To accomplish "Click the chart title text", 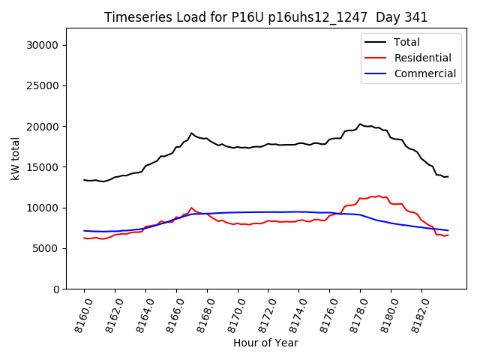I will pos(266,17).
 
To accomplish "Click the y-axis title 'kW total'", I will pos(16,158).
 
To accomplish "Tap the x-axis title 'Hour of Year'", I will pos(265,343).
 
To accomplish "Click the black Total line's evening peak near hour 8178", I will pos(360,124).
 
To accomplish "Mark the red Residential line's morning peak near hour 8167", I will pos(191,208).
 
